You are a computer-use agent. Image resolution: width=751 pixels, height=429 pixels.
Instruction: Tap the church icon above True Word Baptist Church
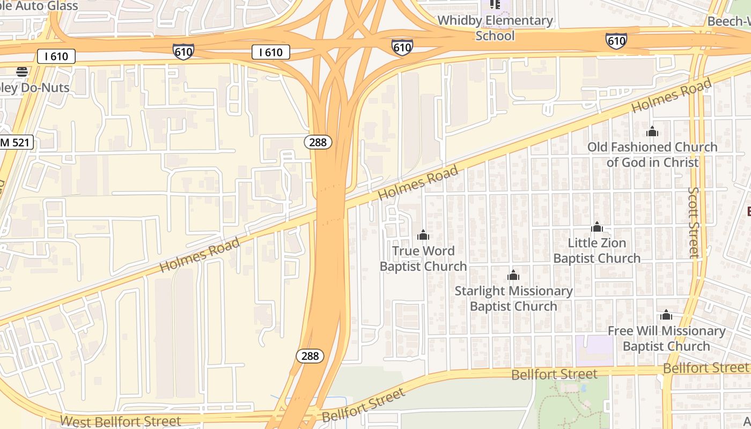(x=423, y=235)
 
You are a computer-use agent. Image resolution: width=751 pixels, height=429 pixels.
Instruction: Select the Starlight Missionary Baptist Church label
(x=513, y=299)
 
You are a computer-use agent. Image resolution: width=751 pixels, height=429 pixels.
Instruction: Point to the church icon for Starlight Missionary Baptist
(x=513, y=276)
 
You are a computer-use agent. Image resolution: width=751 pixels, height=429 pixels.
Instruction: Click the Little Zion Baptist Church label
(x=597, y=250)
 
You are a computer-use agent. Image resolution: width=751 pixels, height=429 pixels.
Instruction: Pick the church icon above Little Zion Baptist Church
(x=597, y=227)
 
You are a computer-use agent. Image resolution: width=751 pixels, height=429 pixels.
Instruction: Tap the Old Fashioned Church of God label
(x=652, y=154)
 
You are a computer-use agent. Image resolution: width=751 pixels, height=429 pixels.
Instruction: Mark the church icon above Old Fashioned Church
(x=652, y=131)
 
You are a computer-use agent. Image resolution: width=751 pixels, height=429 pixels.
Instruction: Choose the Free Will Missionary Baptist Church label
(x=666, y=338)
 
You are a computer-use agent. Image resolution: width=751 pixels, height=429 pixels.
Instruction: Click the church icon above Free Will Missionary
(x=666, y=315)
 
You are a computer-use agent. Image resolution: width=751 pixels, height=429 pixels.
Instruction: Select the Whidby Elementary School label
(x=495, y=28)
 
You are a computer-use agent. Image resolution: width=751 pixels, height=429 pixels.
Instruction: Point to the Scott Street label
(x=694, y=222)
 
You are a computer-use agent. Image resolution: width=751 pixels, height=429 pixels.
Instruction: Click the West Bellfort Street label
(x=121, y=421)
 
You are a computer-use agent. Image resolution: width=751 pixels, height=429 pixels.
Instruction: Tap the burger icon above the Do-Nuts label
(x=22, y=71)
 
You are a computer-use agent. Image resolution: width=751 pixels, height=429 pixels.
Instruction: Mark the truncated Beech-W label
(x=728, y=21)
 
